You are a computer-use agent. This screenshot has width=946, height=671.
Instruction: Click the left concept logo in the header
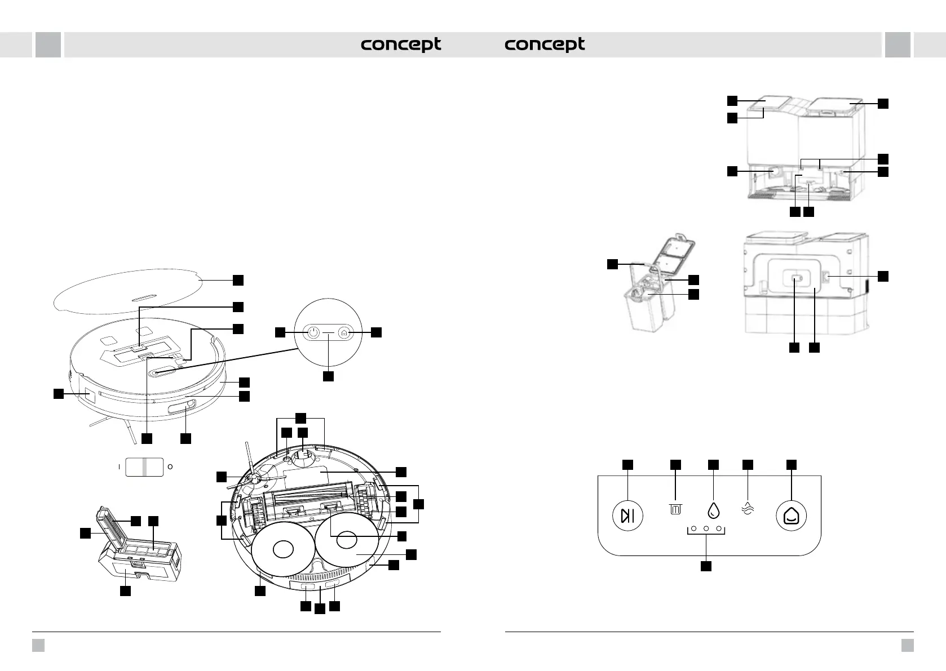point(401,45)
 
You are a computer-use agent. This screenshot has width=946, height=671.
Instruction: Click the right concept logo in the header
point(545,45)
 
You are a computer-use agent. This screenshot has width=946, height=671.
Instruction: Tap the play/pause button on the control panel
point(627,516)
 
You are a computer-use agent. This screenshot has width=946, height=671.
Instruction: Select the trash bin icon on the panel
point(675,509)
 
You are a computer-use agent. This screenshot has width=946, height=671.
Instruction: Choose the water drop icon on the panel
point(713,510)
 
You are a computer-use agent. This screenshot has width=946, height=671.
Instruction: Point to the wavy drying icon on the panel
point(748,509)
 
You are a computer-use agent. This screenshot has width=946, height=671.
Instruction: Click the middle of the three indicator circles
point(706,528)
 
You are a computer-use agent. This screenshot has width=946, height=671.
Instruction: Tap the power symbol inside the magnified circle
point(312,333)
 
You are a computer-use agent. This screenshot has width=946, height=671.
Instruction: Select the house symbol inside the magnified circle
point(344,333)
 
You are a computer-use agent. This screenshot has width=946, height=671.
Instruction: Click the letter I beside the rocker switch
point(120,466)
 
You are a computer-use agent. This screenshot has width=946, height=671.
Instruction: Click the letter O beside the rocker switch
point(170,466)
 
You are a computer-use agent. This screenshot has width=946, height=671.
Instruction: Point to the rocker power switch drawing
point(144,466)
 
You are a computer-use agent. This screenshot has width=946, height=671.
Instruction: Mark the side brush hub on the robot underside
point(255,478)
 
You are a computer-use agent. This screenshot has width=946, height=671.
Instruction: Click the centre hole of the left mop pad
point(283,549)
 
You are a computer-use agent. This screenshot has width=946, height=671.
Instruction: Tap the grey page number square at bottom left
point(38,645)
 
